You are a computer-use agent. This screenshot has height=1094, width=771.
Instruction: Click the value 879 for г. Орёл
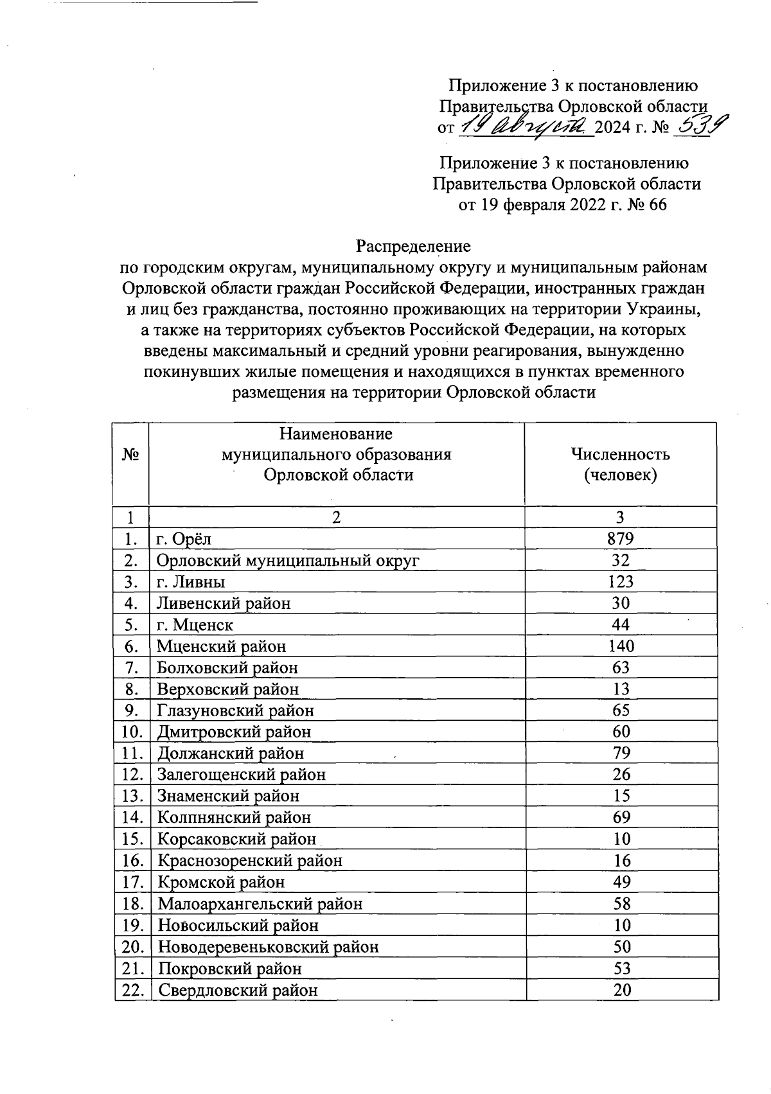click(621, 538)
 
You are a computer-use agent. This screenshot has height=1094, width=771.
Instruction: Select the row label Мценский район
click(222, 646)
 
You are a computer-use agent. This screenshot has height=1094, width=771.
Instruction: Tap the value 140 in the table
click(621, 646)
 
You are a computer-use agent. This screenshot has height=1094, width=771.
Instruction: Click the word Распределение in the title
click(414, 246)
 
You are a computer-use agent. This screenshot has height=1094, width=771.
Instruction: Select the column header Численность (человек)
click(620, 464)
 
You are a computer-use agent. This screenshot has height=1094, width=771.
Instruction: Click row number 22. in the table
click(132, 990)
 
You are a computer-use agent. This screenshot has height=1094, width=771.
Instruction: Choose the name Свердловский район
click(238, 990)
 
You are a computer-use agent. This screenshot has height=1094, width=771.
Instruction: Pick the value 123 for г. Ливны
click(621, 581)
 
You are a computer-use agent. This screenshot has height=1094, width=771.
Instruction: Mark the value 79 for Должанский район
click(621, 753)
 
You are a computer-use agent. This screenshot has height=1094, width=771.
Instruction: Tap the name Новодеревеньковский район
click(268, 947)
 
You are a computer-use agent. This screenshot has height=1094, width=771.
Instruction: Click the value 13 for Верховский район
click(621, 689)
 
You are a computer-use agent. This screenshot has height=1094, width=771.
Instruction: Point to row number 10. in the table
click(132, 732)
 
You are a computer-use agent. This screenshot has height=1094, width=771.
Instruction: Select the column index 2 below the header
click(336, 518)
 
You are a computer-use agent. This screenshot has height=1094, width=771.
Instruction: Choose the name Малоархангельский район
click(260, 904)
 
